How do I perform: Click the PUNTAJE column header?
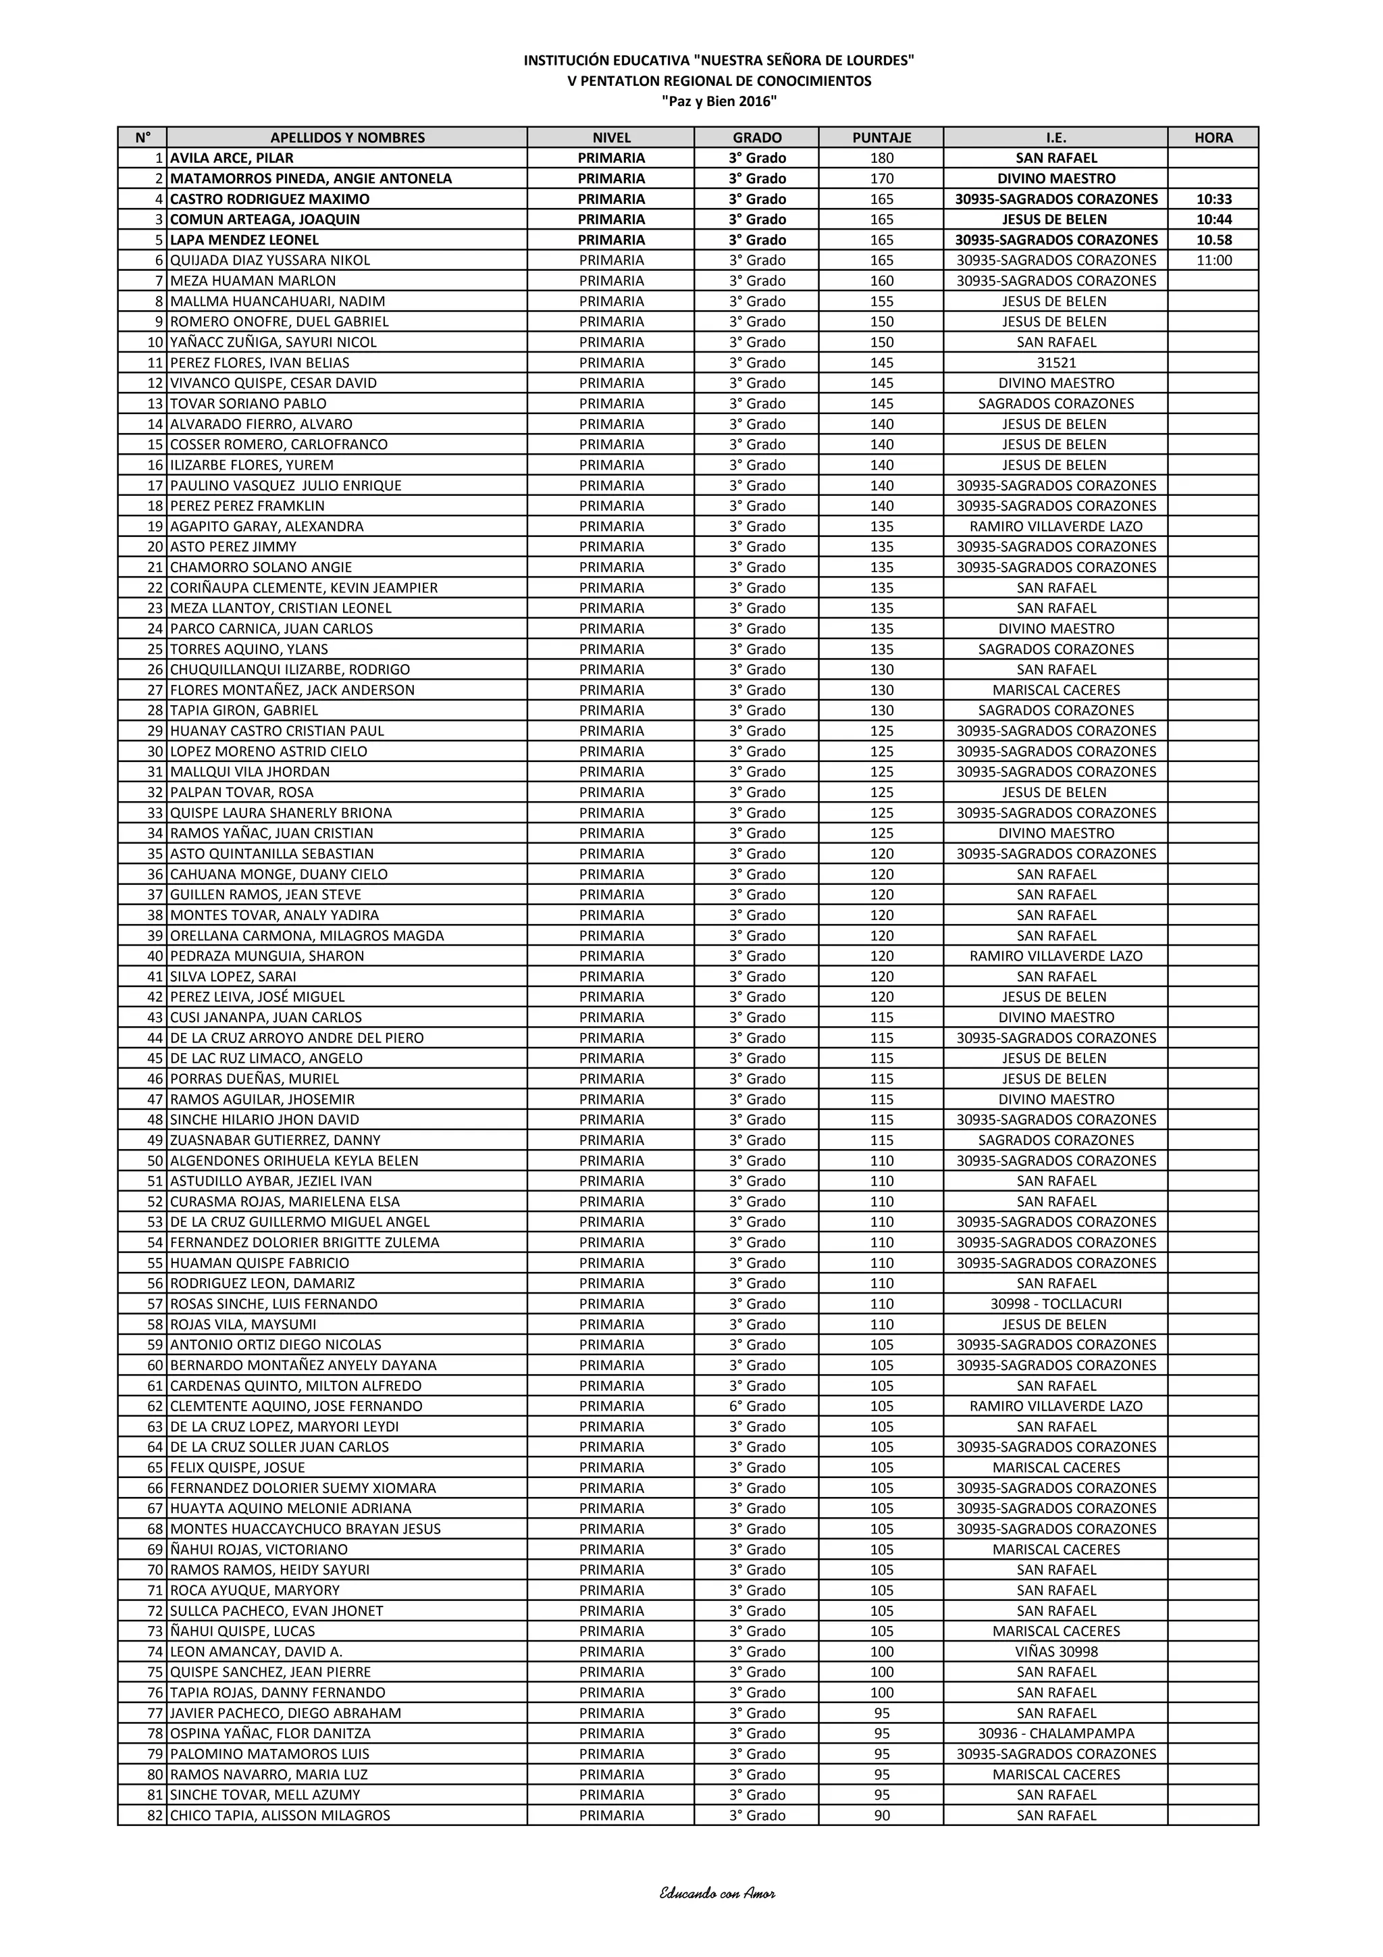[x=881, y=137]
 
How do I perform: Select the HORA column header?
[x=1214, y=137]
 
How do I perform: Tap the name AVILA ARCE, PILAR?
[x=232, y=157]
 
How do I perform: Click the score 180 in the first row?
[x=881, y=157]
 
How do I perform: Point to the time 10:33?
[x=1214, y=199]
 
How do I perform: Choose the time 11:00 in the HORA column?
[x=1214, y=260]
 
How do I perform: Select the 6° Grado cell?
[x=757, y=1406]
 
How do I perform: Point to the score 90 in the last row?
[x=881, y=1814]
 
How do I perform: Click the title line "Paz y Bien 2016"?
[x=719, y=101]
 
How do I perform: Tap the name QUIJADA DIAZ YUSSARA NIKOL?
[x=270, y=260]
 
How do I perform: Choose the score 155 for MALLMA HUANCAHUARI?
[x=881, y=301]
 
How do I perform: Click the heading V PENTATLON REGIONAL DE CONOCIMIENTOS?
[x=719, y=81]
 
